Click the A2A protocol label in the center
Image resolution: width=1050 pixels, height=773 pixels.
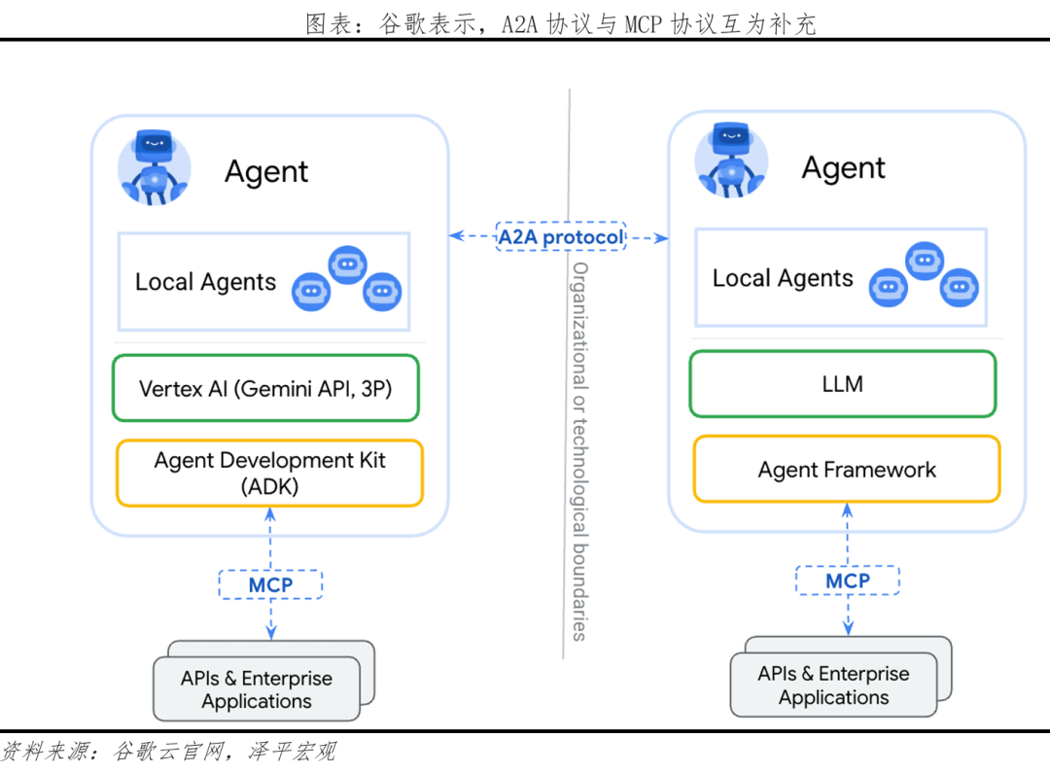pos(561,237)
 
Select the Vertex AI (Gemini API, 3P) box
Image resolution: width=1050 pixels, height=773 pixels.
pos(265,388)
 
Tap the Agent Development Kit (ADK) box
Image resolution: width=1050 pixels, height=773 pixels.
pos(269,473)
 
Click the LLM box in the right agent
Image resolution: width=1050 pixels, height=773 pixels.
pos(842,384)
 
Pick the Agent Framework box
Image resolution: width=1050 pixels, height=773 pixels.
pos(846,470)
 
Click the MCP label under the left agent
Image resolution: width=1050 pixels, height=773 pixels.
pos(270,584)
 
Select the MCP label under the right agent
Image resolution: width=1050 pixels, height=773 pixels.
pos(847,580)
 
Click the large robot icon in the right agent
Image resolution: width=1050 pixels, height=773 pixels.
pos(730,160)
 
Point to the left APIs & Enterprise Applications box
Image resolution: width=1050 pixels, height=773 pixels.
pos(257,689)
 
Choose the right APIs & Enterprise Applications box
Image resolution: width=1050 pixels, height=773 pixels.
pos(833,685)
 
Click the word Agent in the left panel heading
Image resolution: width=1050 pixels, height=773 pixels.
pos(265,172)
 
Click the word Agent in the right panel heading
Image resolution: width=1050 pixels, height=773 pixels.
pos(843,168)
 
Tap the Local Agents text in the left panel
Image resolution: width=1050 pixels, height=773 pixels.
pos(205,283)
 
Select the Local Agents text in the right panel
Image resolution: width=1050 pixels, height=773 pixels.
pos(783,279)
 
